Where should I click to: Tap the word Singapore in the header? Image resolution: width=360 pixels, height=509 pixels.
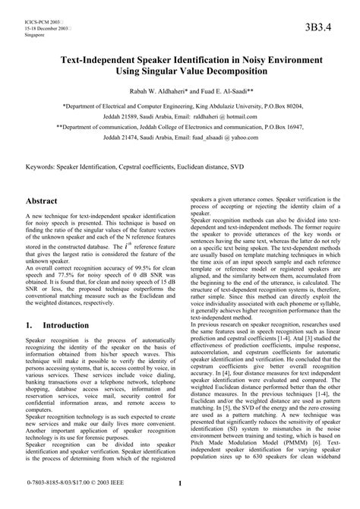[x=35, y=35]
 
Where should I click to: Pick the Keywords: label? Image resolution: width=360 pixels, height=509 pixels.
[x=43, y=165]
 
